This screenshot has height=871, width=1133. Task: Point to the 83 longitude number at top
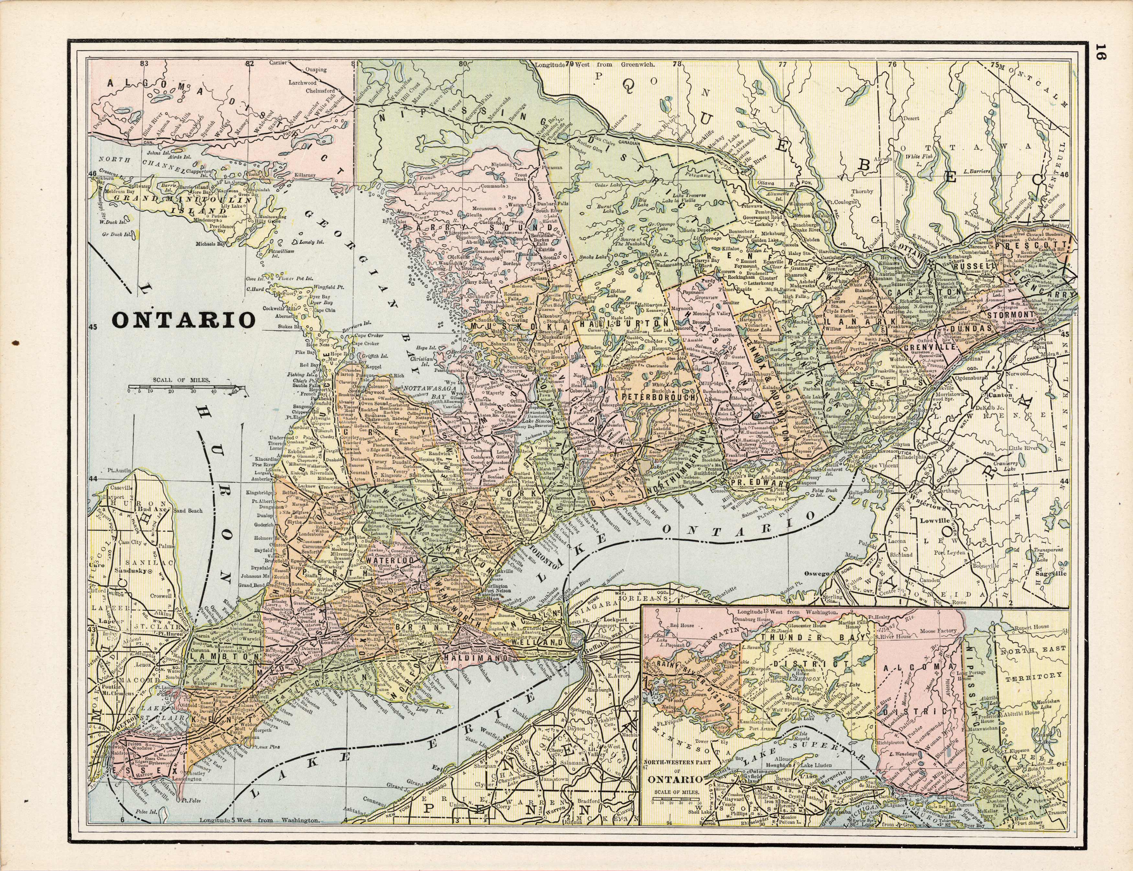pos(144,63)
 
